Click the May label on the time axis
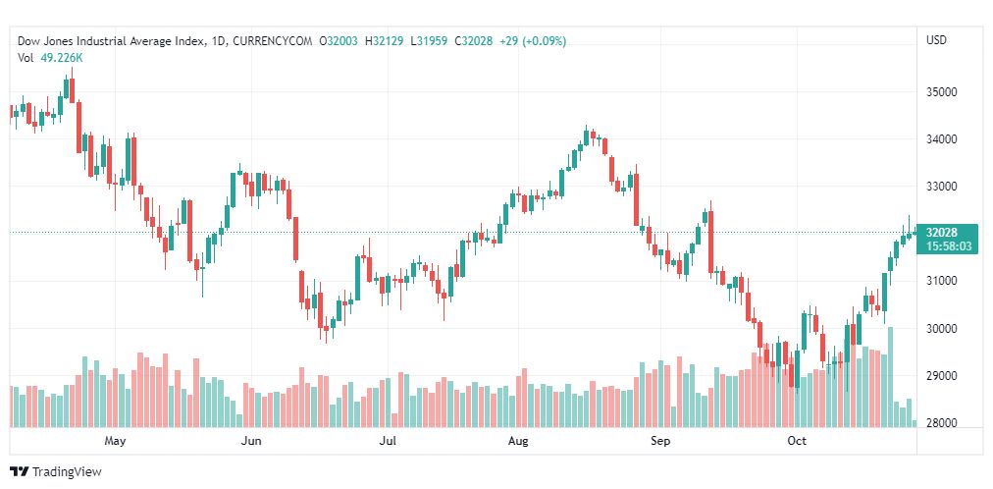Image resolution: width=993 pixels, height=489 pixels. tap(116, 442)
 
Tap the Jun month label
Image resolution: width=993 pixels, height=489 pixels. tap(251, 442)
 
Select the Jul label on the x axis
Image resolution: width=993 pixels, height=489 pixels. tap(388, 442)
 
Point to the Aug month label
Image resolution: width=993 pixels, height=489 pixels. tap(518, 442)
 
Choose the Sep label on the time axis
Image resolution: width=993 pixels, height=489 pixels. tap(660, 442)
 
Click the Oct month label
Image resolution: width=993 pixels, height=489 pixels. tap(797, 442)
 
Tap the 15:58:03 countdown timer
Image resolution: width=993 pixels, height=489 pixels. tap(948, 246)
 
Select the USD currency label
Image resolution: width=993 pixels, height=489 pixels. tap(936, 40)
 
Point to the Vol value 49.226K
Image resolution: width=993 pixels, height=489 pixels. tap(62, 58)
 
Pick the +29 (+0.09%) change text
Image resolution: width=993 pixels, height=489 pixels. tap(532, 41)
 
